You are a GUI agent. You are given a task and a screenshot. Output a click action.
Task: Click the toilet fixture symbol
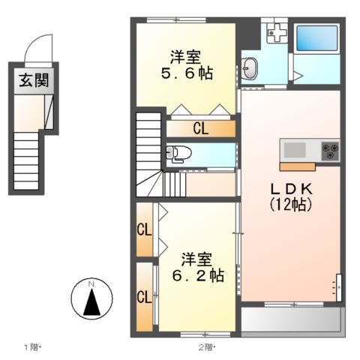pos(180,154)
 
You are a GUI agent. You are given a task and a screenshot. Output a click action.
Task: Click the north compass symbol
pos(91,300)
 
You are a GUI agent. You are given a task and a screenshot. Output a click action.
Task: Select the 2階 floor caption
pos(206,346)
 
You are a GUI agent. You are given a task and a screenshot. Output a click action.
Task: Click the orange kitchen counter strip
pos(298,163)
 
